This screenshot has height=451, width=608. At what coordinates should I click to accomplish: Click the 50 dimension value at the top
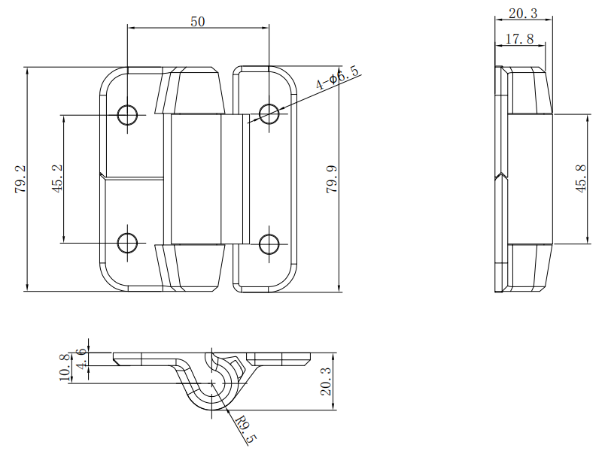[x=198, y=22]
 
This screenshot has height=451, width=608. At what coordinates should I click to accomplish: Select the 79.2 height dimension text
[x=20, y=180]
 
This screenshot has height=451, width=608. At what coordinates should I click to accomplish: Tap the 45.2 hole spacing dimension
[x=57, y=179]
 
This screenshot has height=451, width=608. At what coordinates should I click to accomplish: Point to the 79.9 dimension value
[x=332, y=180]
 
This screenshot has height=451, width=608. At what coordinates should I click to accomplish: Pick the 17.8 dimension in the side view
[x=520, y=39]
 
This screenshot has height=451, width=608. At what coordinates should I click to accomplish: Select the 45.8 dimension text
[x=581, y=179]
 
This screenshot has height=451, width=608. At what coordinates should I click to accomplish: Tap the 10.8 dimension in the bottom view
[x=65, y=368]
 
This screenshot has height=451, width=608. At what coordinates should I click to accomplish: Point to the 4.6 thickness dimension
[x=82, y=359]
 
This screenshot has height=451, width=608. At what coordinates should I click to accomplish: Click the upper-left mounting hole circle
[x=128, y=115]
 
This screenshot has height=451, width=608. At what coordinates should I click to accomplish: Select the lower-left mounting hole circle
[x=128, y=244]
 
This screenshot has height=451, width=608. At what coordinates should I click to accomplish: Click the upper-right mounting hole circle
[x=269, y=114]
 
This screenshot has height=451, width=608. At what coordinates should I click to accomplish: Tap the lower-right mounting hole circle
[x=269, y=244]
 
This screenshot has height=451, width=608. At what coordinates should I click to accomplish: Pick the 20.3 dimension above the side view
[x=523, y=14]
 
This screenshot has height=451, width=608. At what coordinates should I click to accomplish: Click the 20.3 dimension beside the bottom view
[x=327, y=382]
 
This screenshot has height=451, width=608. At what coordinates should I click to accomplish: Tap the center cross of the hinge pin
[x=212, y=383]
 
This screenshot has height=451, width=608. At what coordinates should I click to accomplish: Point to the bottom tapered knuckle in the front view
[x=190, y=268]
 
